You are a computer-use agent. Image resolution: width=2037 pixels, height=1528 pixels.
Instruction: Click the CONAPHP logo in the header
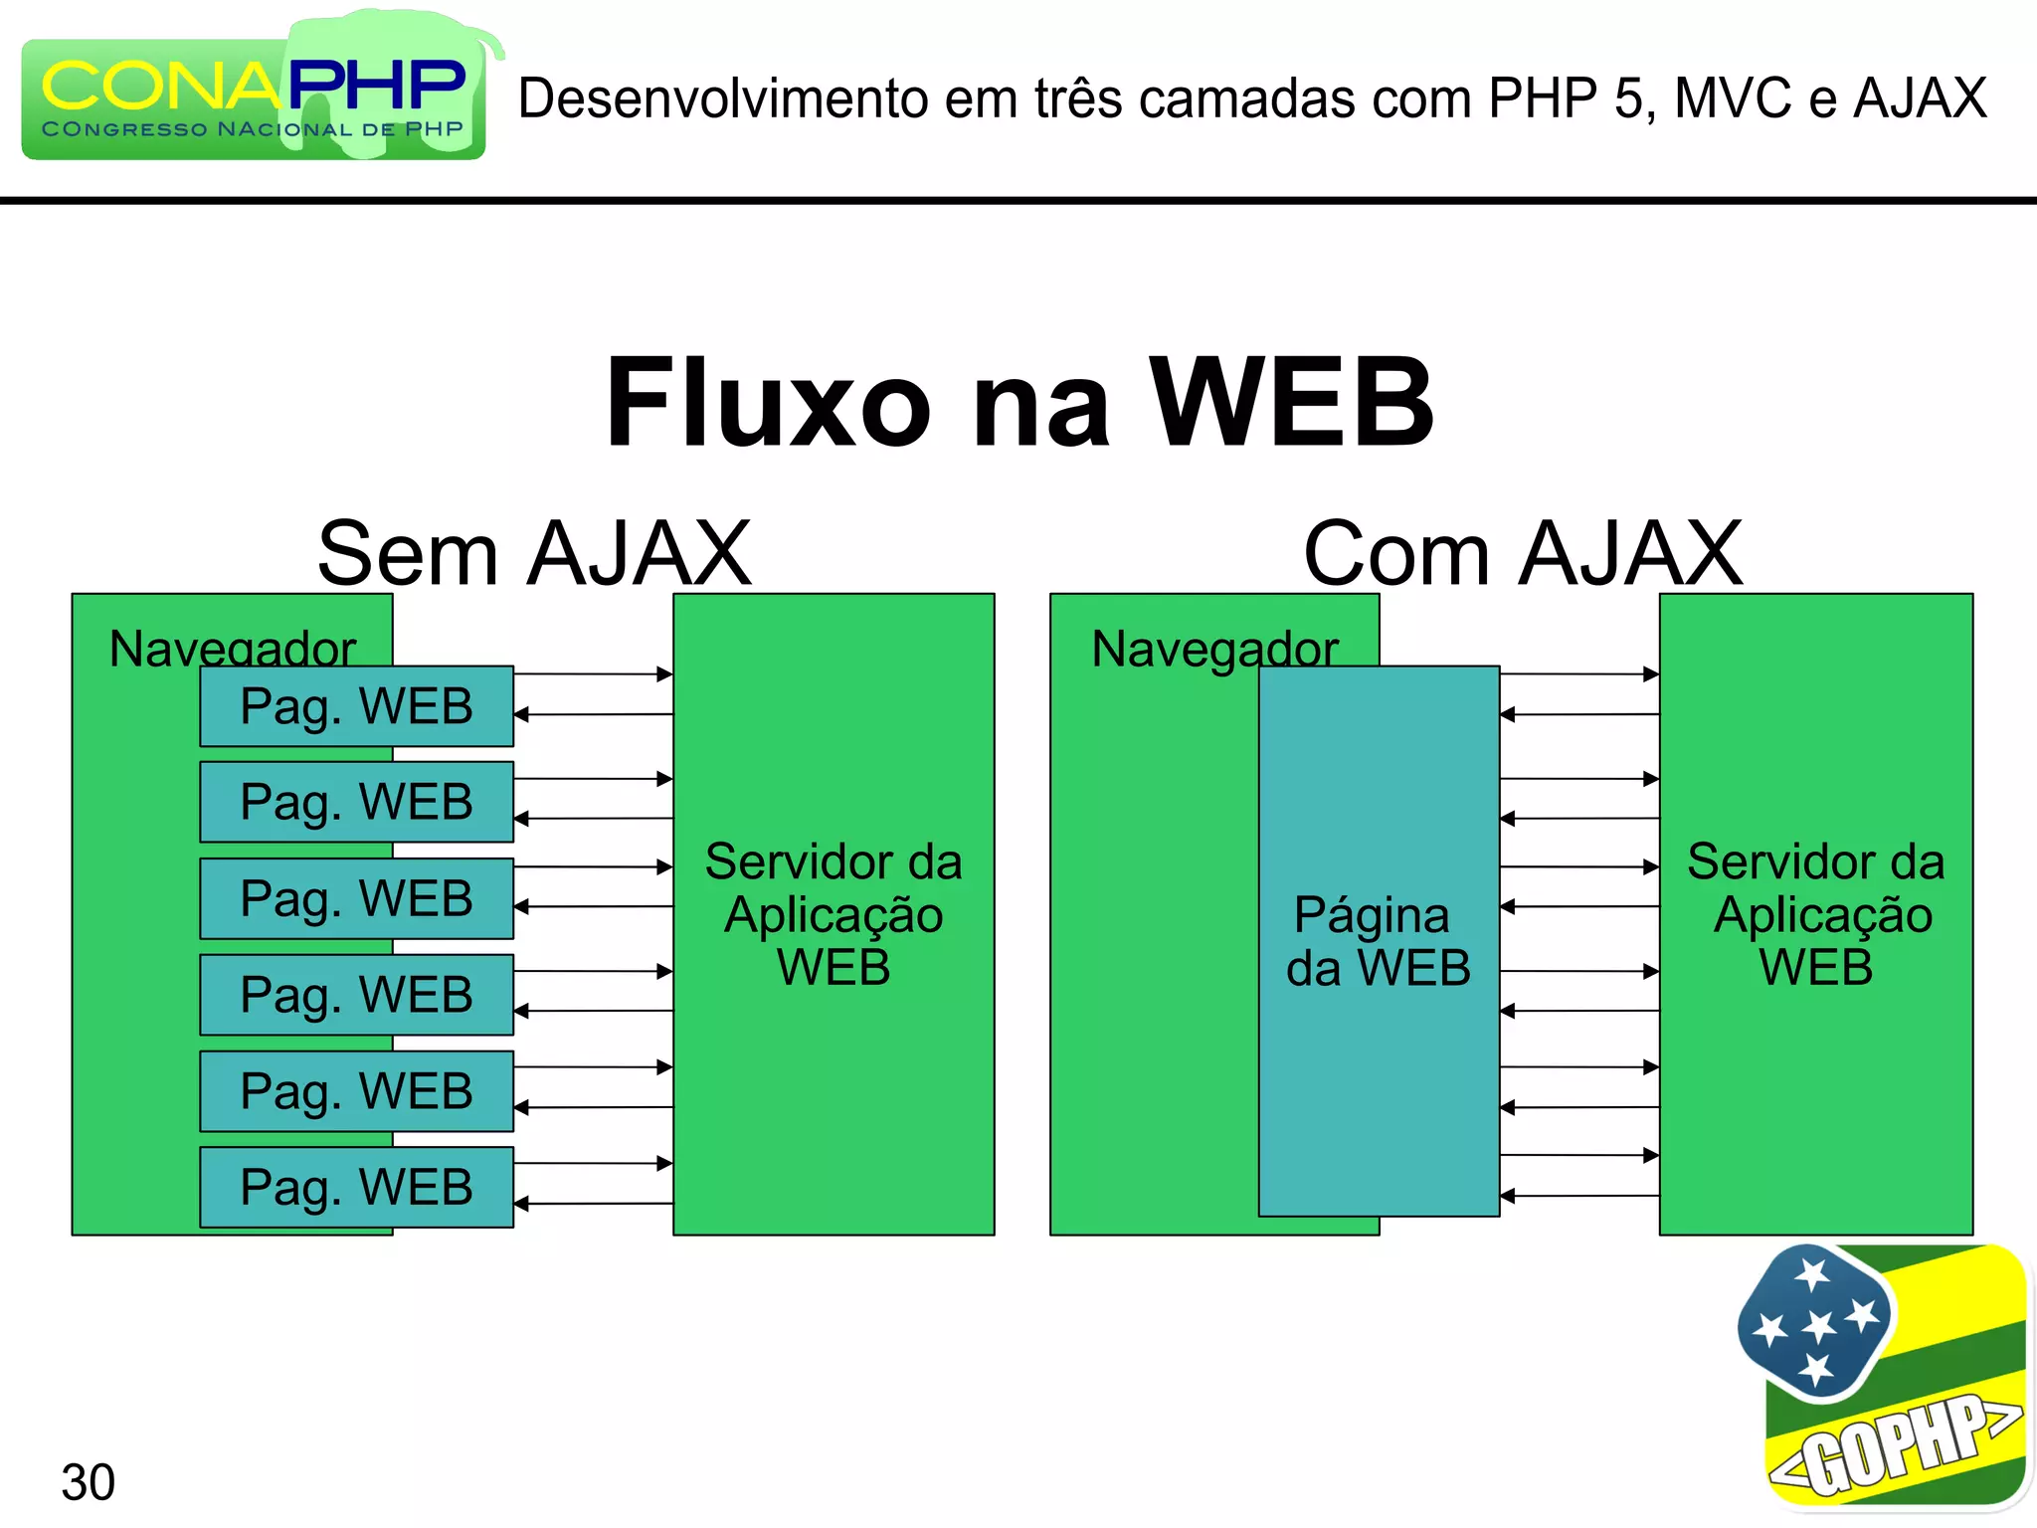tap(254, 95)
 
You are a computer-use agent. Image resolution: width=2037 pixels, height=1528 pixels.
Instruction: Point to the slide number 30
tap(88, 1482)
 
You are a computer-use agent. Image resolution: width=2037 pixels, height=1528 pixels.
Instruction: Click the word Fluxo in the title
tap(768, 403)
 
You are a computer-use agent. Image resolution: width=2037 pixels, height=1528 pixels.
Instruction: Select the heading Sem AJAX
tap(534, 553)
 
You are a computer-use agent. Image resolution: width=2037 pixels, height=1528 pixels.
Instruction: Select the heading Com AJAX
tap(1522, 553)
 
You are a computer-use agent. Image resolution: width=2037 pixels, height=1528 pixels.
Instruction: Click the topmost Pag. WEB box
tap(356, 706)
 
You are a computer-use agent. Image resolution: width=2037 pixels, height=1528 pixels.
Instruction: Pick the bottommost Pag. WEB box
tap(356, 1187)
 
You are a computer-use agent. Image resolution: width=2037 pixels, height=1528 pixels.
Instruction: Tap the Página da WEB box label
tap(1379, 941)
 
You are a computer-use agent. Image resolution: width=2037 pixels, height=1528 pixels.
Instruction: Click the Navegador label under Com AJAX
tap(1214, 649)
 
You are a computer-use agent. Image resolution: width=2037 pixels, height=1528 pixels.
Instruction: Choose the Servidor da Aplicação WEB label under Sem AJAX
tap(833, 914)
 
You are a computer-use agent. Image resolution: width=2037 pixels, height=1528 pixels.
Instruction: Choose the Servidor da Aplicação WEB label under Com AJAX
tap(1816, 914)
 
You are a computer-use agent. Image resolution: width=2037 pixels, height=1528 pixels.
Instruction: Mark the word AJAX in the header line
tap(1920, 98)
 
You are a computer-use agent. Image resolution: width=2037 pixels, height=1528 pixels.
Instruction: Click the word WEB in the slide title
tap(1291, 403)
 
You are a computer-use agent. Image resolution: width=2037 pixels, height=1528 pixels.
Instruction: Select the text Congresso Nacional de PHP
tap(253, 129)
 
